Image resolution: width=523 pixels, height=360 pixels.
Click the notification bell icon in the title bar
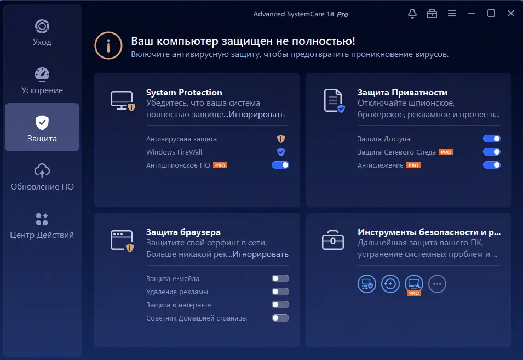pyautogui.click(x=412, y=13)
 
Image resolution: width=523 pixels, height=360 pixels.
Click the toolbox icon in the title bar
pyautogui.click(x=432, y=13)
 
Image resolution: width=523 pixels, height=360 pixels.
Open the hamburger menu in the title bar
pyautogui.click(x=452, y=13)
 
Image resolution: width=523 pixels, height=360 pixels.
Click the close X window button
pyautogui.click(x=510, y=13)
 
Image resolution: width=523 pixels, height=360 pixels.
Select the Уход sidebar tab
pyautogui.click(x=42, y=33)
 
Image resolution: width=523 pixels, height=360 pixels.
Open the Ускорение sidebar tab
pyautogui.click(x=42, y=81)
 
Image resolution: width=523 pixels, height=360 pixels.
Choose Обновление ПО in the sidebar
pyautogui.click(x=42, y=177)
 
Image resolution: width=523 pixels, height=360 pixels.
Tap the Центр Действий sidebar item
pyautogui.click(x=42, y=226)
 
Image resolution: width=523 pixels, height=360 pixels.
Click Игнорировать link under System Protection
pyautogui.click(x=256, y=115)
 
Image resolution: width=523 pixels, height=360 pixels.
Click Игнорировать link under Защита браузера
pyautogui.click(x=260, y=254)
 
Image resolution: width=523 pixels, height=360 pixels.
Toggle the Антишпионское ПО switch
pyautogui.click(x=280, y=165)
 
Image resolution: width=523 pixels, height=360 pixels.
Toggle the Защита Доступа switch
pyautogui.click(x=492, y=139)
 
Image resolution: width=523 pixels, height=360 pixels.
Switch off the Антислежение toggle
pyautogui.click(x=492, y=165)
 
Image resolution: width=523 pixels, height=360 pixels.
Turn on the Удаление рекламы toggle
pyautogui.click(x=280, y=292)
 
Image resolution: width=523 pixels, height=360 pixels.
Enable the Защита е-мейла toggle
pyautogui.click(x=280, y=278)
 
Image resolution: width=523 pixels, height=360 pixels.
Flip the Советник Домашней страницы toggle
pyautogui.click(x=280, y=318)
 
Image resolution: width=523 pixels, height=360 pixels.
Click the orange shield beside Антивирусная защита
pyautogui.click(x=281, y=139)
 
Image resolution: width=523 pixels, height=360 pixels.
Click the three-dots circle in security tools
pyautogui.click(x=437, y=284)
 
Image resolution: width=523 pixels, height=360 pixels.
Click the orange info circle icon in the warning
pyautogui.click(x=108, y=45)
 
